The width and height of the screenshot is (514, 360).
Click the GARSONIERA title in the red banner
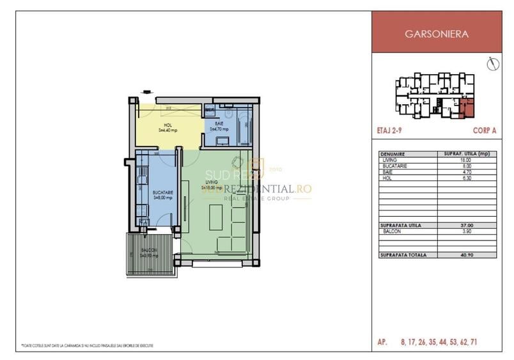442,35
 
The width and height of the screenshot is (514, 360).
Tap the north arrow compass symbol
492,64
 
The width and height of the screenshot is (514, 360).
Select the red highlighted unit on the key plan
467,109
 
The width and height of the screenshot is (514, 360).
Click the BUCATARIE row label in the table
396,166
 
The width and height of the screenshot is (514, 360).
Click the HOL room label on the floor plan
167,125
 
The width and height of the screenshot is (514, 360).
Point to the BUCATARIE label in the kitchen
160,192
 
